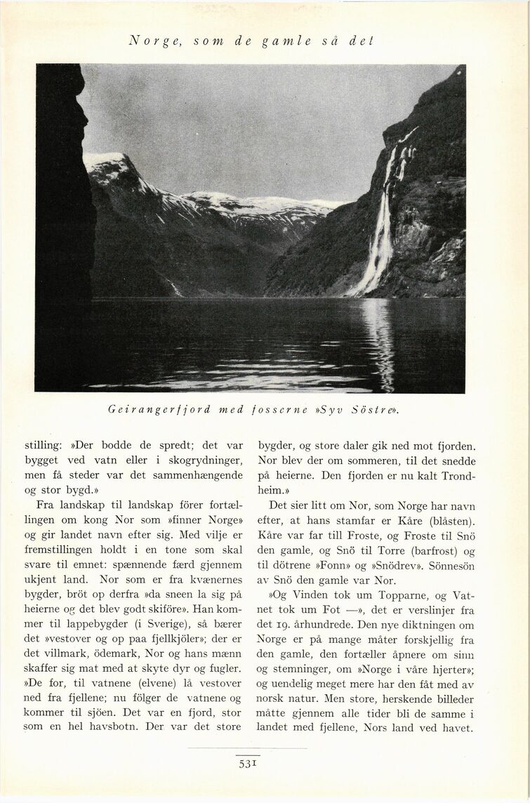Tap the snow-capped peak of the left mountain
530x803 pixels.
point(105,160)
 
